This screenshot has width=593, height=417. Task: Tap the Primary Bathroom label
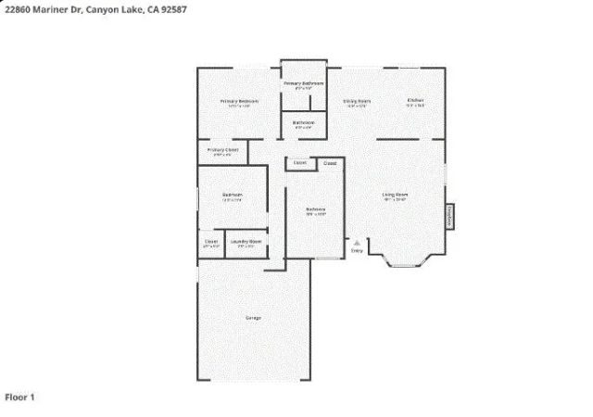point(303,83)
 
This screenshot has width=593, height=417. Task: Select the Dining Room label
point(357,101)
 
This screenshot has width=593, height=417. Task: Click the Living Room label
point(396,195)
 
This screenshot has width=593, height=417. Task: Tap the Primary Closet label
point(222,149)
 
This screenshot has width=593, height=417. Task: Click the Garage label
point(253,318)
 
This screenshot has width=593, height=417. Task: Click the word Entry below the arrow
point(356,250)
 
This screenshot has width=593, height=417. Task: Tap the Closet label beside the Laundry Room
point(211,242)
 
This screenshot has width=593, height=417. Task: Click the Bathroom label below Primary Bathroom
point(303,123)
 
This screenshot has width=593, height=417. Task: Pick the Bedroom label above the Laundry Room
point(232,195)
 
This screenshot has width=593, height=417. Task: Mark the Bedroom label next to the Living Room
point(315,209)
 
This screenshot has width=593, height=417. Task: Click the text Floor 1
point(20,398)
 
